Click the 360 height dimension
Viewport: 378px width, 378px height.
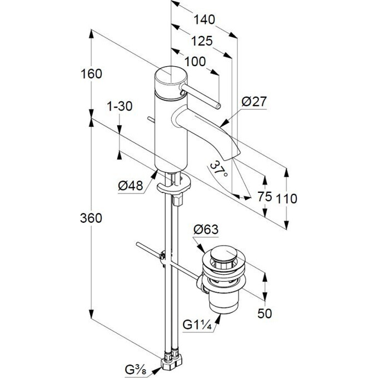(x=91, y=218)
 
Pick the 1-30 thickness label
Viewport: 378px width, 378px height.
(x=119, y=106)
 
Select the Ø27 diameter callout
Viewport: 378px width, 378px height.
(x=254, y=102)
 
